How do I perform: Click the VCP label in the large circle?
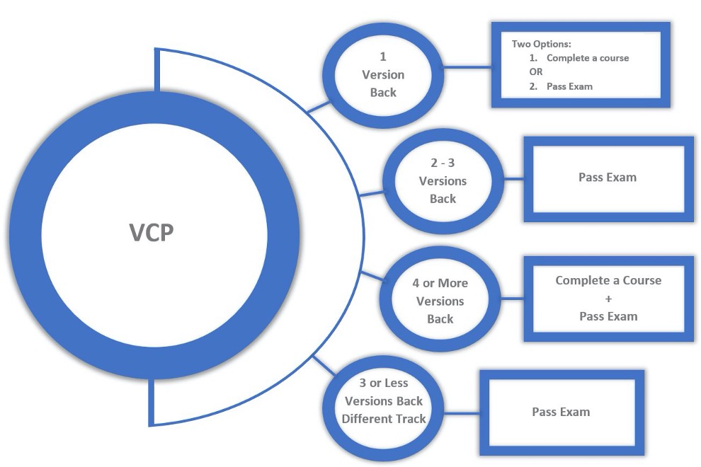tap(152, 233)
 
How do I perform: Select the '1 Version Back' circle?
tap(383, 74)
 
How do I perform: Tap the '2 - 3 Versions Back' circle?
tap(443, 180)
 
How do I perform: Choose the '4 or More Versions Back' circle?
tap(440, 301)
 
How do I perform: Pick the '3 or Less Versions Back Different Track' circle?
tap(384, 400)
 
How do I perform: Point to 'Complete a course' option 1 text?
tap(587, 58)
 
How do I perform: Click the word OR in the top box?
tap(537, 72)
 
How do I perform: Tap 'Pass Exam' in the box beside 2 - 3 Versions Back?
tap(608, 177)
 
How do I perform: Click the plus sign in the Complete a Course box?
tap(608, 299)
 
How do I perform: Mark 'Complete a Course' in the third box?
tap(608, 280)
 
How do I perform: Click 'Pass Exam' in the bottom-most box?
tap(561, 411)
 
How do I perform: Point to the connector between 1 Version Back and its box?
tap(467, 68)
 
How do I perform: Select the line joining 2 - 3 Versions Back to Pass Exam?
tap(513, 178)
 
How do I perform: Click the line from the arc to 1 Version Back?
tap(319, 107)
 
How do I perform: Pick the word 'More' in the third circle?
tap(452, 283)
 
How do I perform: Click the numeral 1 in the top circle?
tap(383, 56)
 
